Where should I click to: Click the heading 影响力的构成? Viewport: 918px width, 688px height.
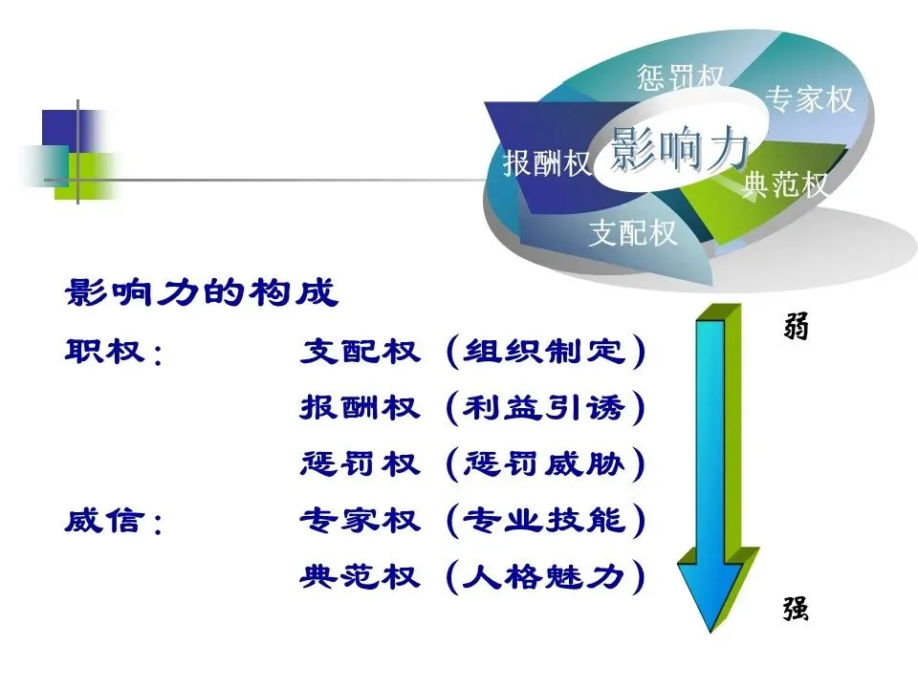click(x=201, y=293)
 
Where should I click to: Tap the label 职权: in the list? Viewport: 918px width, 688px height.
click(x=114, y=352)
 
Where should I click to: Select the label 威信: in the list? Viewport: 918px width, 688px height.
click(x=114, y=522)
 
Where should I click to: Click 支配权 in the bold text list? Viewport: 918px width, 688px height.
click(x=360, y=352)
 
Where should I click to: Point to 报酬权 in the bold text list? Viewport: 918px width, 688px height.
click(x=360, y=408)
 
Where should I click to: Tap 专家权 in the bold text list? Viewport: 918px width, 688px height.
click(x=360, y=522)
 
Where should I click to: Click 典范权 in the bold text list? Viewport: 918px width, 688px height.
click(x=360, y=577)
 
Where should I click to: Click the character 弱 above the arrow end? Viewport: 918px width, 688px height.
click(x=796, y=328)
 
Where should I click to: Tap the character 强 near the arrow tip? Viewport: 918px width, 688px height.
click(x=796, y=609)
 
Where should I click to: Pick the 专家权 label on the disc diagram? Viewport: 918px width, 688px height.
click(x=811, y=98)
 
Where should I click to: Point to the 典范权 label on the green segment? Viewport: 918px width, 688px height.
click(x=786, y=184)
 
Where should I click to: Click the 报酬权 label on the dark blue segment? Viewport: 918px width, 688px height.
click(x=548, y=163)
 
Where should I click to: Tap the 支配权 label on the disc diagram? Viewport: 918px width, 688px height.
click(x=633, y=232)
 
